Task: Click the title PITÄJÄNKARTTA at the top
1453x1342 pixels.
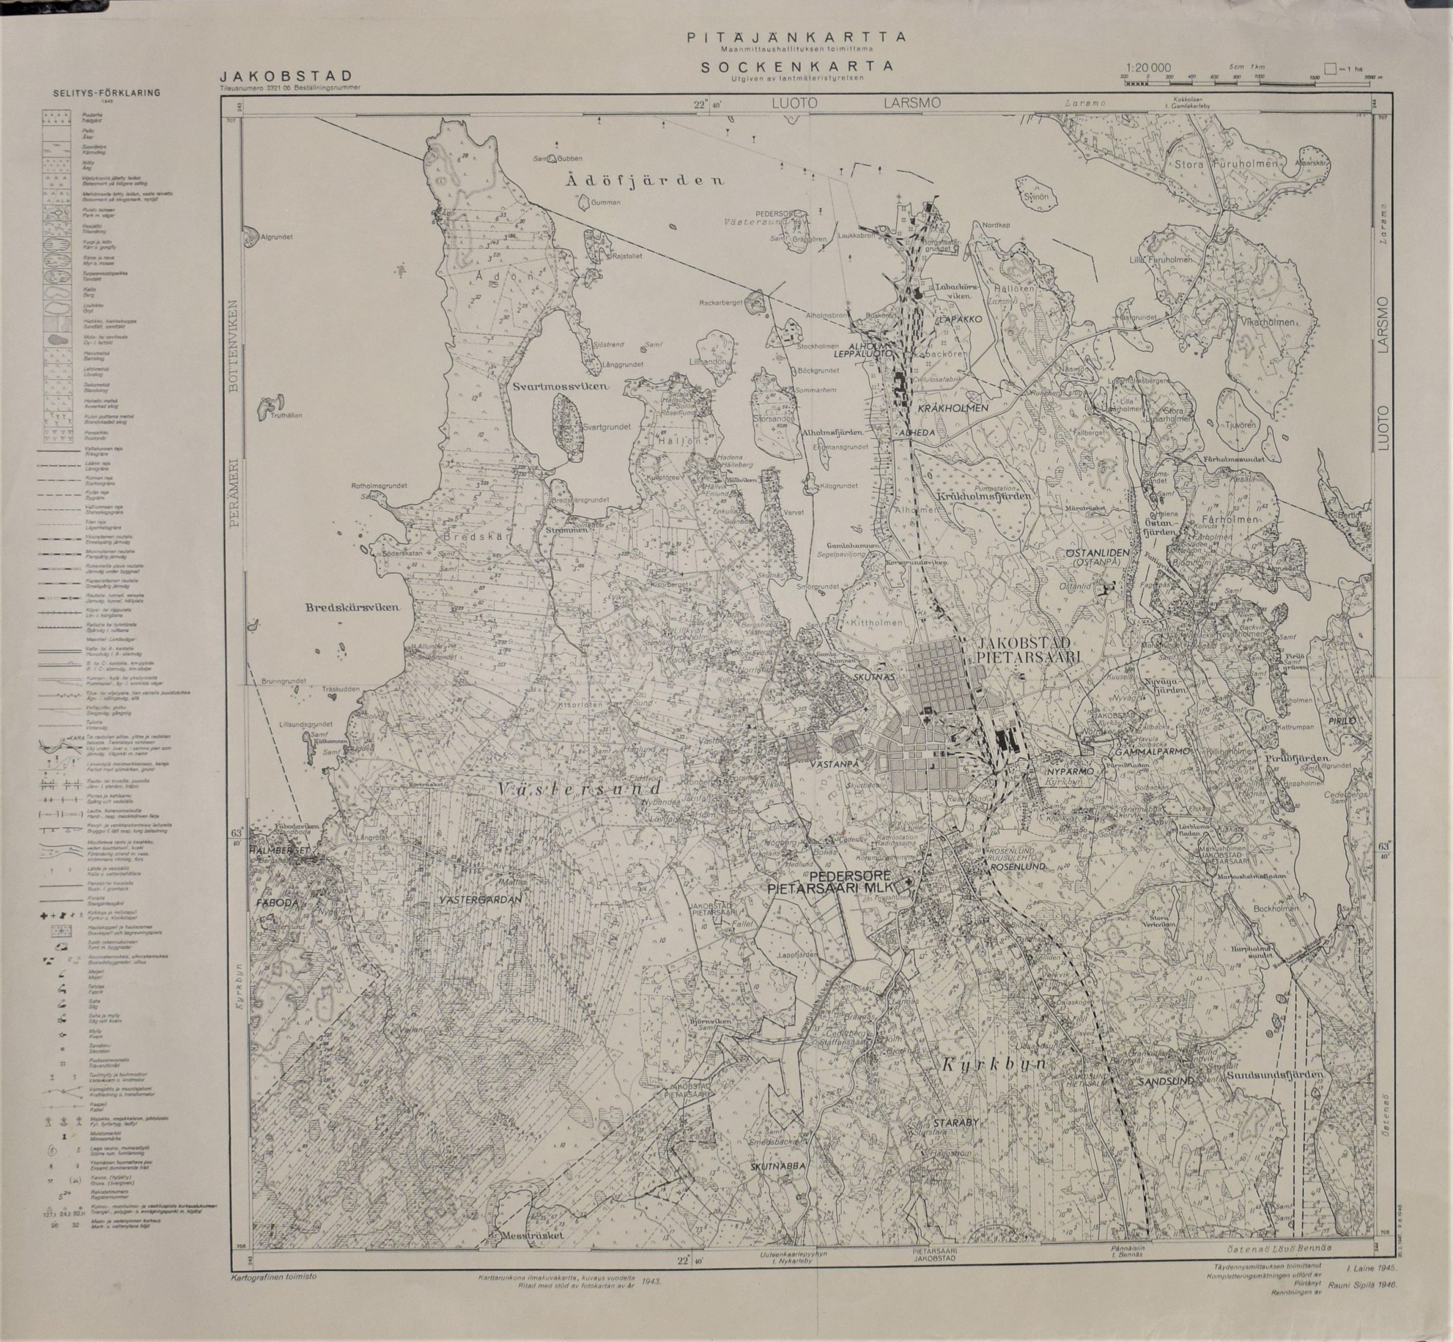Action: click(x=796, y=36)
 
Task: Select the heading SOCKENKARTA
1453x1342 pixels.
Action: click(x=796, y=66)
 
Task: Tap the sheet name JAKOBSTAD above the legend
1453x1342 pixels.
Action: click(x=287, y=76)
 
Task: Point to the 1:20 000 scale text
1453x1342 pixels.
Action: click(x=1147, y=68)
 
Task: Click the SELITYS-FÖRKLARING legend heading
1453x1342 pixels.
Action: click(x=107, y=93)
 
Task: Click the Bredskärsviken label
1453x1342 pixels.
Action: click(x=353, y=609)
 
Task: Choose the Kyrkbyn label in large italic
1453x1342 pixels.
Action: click(x=993, y=1066)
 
